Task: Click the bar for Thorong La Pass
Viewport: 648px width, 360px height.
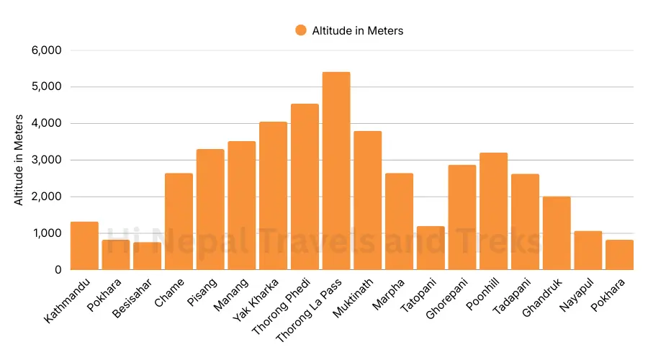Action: click(336, 171)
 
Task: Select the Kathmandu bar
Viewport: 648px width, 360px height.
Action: click(84, 246)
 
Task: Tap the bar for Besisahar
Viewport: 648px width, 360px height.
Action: click(147, 256)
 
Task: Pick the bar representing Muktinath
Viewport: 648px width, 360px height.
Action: click(367, 200)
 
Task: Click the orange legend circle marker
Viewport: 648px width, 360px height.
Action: click(301, 30)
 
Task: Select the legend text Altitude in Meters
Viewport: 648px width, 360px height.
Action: click(357, 30)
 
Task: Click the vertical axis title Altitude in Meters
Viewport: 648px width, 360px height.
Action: click(19, 160)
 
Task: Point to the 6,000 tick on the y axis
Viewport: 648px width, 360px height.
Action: click(47, 50)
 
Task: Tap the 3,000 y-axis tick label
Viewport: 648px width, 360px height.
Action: click(47, 160)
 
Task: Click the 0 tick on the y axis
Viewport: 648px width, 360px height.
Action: click(58, 269)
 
